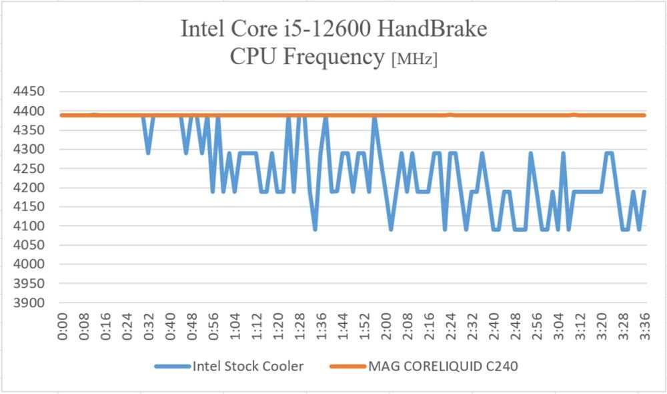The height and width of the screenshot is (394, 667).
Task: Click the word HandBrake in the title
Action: pyautogui.click(x=432, y=29)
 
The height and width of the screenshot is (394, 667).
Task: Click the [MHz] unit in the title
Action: pyautogui.click(x=414, y=59)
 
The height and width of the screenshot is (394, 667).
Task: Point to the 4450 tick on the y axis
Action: pyautogui.click(x=29, y=91)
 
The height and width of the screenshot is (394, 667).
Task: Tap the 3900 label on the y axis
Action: pyautogui.click(x=29, y=303)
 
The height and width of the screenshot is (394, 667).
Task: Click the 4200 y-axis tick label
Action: pyautogui.click(x=29, y=188)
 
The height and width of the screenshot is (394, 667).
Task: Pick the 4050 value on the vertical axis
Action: pyautogui.click(x=29, y=245)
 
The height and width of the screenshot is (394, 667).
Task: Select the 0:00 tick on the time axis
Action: pyautogui.click(x=63, y=327)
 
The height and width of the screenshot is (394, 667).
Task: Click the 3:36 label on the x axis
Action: pyautogui.click(x=645, y=327)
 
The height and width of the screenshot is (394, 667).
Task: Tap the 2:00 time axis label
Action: pyautogui.click(x=386, y=327)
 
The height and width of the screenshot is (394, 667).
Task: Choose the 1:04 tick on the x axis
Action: pyautogui.click(x=235, y=327)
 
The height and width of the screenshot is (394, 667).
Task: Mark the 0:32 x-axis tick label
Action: pyautogui.click(x=149, y=327)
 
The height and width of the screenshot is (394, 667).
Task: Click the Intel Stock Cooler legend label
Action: pyautogui.click(x=248, y=366)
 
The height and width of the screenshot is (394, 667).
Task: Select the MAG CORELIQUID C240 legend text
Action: pyautogui.click(x=443, y=366)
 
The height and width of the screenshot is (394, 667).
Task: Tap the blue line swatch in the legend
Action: pyautogui.click(x=172, y=367)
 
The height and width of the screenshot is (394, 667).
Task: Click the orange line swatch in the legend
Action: pyautogui.click(x=348, y=367)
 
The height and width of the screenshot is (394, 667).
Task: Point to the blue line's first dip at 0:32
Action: pyautogui.click(x=148, y=152)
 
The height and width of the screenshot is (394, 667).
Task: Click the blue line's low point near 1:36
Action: pyautogui.click(x=315, y=229)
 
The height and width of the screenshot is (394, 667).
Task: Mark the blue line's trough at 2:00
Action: pyautogui.click(x=391, y=229)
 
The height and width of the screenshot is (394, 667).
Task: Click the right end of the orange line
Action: pyautogui.click(x=645, y=115)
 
